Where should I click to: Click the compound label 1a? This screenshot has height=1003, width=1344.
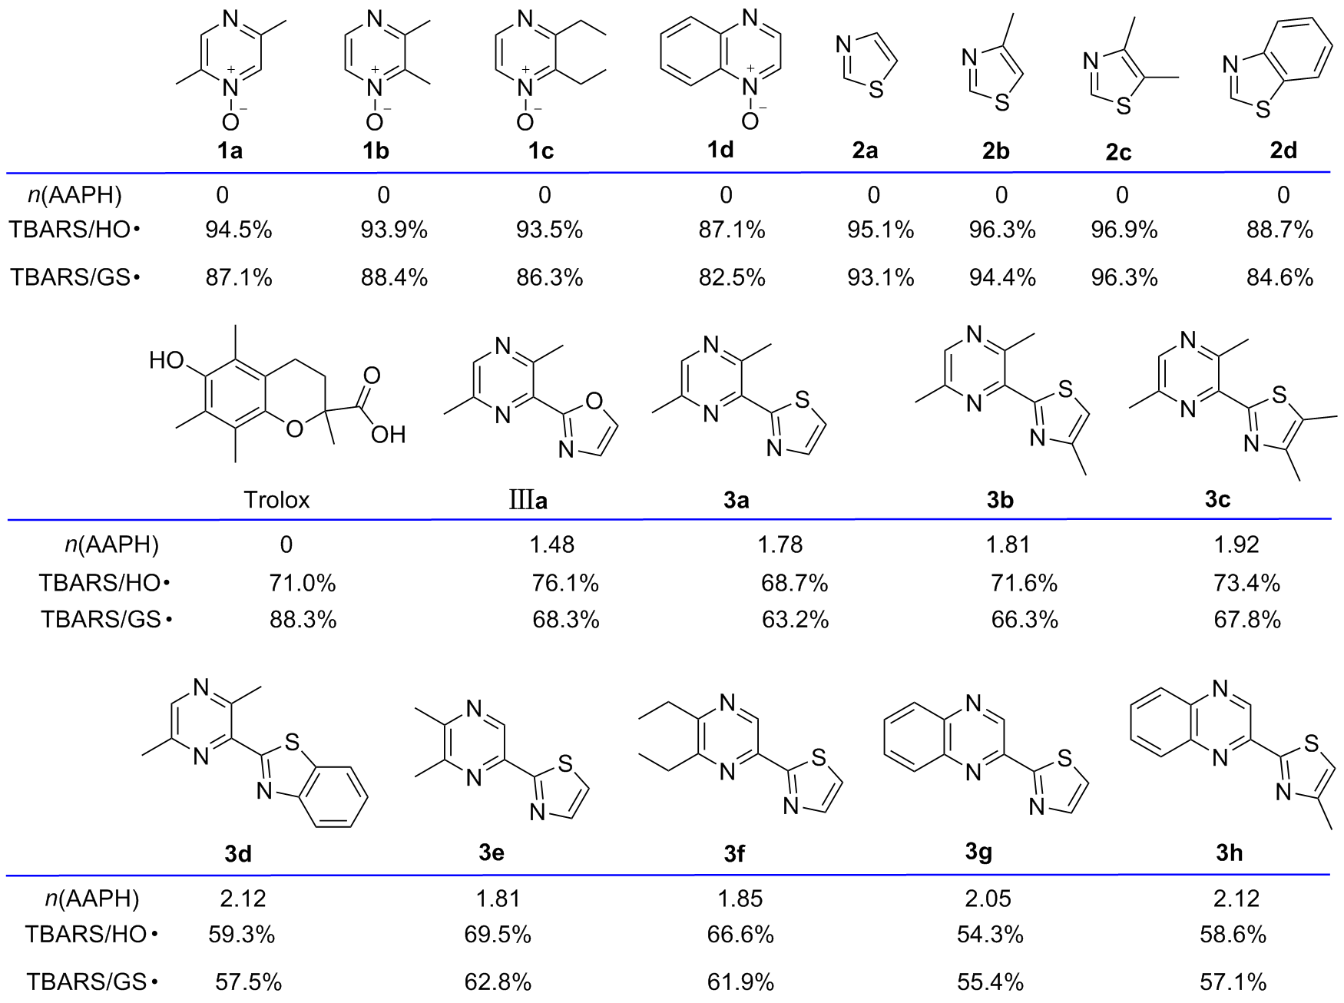pos(230,151)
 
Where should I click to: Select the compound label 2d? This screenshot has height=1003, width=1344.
pos(1283,150)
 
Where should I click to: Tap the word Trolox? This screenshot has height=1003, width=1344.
pos(276,500)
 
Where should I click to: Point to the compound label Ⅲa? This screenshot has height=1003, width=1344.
pos(528,501)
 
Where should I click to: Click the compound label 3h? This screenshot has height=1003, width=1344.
pos(1230,852)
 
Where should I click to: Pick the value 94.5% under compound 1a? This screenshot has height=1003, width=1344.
pos(238,230)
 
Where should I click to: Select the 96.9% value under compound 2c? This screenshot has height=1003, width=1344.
pos(1124,230)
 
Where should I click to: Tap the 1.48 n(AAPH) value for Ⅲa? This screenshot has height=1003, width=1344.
pos(552,545)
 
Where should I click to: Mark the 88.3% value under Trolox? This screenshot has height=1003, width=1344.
pos(303,619)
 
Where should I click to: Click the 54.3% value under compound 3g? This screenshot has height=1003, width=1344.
pos(990,935)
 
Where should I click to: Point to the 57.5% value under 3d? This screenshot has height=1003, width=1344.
pos(248,981)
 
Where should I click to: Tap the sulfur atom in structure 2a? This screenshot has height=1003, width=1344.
pos(876,90)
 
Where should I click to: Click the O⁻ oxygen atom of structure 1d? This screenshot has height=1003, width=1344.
pos(750,120)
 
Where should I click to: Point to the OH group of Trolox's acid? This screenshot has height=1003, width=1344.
pos(387,435)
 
